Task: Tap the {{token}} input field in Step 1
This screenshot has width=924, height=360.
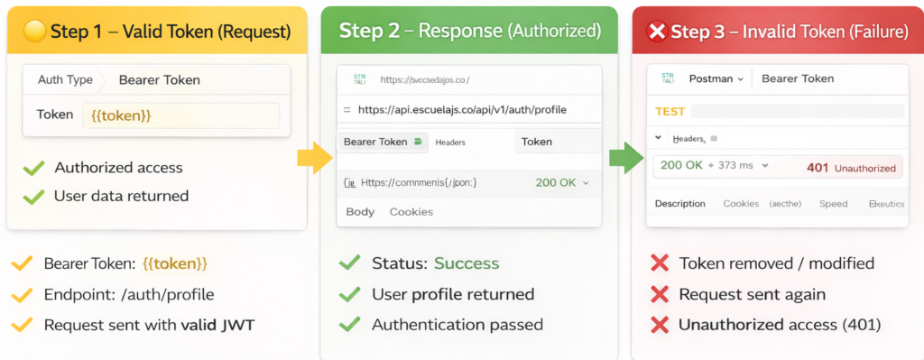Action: click(180, 115)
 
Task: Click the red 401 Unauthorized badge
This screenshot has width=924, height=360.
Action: click(853, 167)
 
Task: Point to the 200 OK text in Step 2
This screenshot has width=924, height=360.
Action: click(556, 182)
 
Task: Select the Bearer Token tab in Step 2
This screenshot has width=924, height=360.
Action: click(375, 142)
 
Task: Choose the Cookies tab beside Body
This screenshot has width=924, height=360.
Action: click(411, 212)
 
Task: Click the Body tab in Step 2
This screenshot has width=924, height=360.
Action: click(360, 212)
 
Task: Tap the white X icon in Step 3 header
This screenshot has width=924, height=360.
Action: click(657, 32)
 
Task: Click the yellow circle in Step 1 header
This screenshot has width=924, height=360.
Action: click(34, 32)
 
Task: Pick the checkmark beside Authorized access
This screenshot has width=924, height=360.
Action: click(33, 168)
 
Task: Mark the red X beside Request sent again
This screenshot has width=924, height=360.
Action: click(660, 294)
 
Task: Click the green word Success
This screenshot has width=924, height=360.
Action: click(467, 263)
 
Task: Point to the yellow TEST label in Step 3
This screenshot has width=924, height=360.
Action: click(670, 111)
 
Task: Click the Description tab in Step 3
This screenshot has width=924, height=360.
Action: click(679, 204)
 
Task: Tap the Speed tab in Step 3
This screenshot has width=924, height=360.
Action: click(833, 204)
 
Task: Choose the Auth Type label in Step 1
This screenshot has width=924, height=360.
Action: click(65, 79)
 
